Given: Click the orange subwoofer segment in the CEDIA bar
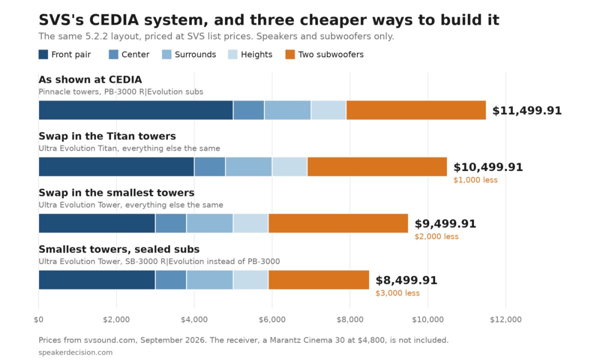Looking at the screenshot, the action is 416,110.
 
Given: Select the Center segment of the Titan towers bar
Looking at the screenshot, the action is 209,166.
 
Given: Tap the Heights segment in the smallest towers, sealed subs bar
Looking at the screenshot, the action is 250,279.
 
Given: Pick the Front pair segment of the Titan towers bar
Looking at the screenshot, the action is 116,166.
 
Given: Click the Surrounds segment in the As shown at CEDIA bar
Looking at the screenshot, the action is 287,110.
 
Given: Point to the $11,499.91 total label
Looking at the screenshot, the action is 527,110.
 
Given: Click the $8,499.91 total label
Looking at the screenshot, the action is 406,280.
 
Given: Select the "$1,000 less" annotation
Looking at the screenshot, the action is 475,180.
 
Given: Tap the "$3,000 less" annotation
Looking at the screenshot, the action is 397,293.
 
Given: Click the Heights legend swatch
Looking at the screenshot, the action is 233,54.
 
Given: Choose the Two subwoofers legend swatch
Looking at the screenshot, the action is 290,54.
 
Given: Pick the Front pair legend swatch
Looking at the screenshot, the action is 43,54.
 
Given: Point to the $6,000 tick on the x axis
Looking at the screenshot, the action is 272,319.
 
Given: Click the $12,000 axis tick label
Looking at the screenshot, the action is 505,319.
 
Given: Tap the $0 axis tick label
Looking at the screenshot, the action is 38,319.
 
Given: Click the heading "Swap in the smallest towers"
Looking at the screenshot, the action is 116,192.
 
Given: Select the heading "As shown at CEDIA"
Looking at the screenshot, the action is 90,79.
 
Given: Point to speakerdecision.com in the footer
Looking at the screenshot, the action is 75,352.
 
